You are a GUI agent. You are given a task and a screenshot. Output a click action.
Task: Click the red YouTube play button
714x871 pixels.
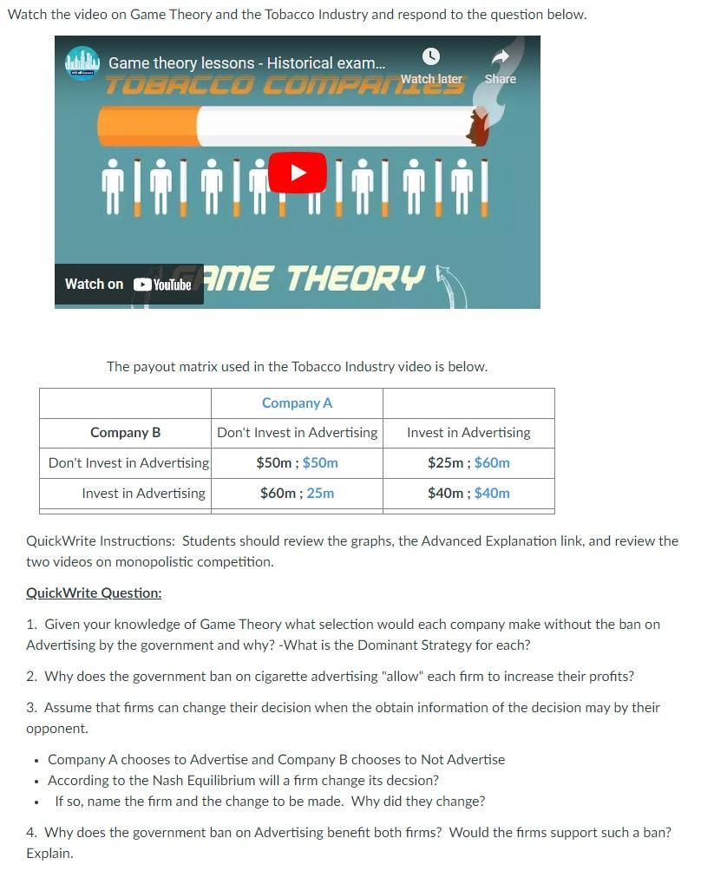point(297,172)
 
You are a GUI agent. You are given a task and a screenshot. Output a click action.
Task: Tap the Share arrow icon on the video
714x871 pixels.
point(501,57)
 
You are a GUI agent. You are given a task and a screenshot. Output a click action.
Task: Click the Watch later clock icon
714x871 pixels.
point(431,57)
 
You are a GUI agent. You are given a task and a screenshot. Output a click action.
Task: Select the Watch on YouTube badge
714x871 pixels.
point(128,285)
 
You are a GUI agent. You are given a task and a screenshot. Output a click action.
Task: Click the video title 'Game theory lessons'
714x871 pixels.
point(246,63)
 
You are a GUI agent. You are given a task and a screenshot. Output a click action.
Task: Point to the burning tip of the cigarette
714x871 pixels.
point(478,127)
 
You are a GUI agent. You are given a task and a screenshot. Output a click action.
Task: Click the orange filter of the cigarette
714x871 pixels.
point(147,127)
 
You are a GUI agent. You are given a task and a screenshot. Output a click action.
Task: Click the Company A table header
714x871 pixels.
point(297,403)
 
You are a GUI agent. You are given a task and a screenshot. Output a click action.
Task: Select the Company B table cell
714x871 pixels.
point(125,433)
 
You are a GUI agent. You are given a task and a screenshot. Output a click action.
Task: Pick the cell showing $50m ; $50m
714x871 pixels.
point(297,463)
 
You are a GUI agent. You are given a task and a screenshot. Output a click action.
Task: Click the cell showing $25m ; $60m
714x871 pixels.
point(468,463)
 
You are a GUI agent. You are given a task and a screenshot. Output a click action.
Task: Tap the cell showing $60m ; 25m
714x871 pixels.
point(297,494)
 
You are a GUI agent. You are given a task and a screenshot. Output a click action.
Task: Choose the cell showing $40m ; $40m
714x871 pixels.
point(468,494)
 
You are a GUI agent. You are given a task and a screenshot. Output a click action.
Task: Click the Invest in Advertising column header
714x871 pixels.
point(468,433)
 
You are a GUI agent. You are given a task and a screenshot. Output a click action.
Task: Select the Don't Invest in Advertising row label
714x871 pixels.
point(128,463)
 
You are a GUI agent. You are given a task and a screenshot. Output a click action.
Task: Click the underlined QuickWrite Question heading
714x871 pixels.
point(94,593)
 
